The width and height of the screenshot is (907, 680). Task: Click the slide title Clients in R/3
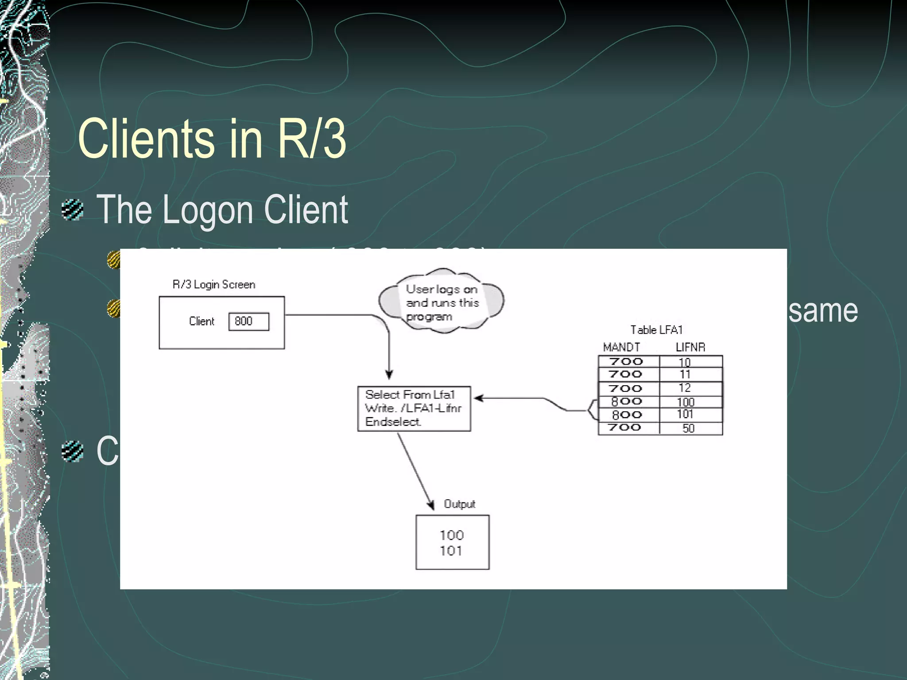click(212, 139)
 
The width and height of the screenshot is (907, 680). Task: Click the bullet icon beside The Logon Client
click(72, 210)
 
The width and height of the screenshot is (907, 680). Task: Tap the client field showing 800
click(248, 321)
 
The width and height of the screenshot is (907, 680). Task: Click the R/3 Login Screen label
click(213, 284)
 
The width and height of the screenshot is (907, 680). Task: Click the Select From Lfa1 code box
click(414, 408)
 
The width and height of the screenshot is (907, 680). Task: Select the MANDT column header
click(621, 347)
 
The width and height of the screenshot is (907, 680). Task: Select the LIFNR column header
click(690, 347)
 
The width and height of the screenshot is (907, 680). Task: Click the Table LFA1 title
click(656, 330)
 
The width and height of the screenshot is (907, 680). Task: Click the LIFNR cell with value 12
click(685, 388)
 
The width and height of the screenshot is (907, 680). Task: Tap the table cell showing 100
click(686, 402)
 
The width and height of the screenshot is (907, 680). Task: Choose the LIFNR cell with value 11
click(685, 375)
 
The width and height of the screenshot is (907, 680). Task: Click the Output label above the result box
click(459, 504)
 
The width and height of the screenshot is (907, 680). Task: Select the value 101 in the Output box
click(451, 551)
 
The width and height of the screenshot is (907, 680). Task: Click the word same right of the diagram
click(823, 310)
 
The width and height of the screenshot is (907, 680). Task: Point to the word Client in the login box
click(201, 321)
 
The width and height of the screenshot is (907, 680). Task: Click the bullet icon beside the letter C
click(72, 451)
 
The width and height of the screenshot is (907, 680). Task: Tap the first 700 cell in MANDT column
click(626, 361)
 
